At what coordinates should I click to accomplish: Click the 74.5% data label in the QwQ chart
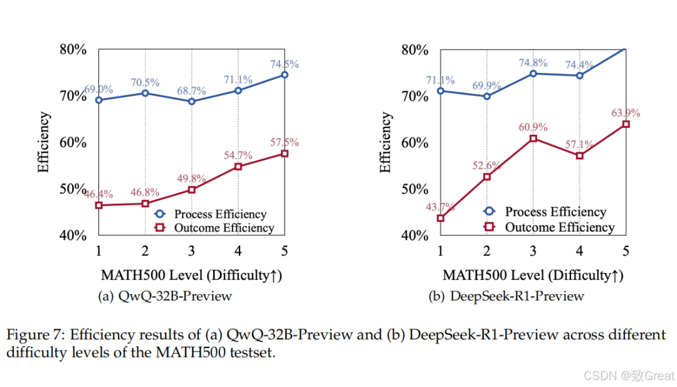[x=284, y=64]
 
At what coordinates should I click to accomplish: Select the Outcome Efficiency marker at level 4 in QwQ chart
[x=238, y=166]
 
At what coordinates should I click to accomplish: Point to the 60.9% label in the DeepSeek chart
[x=533, y=127]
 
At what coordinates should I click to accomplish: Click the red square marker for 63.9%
[x=626, y=124]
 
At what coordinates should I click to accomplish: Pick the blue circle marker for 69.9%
[x=487, y=96]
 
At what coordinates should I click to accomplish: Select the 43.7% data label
[x=441, y=207]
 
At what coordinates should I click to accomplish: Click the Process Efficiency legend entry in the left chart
[x=220, y=214]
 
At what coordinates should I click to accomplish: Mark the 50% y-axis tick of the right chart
[x=416, y=189]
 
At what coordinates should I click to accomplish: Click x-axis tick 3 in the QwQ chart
[x=192, y=252]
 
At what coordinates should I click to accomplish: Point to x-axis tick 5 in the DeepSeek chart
[x=626, y=252]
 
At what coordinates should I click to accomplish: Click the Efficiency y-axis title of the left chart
[x=44, y=142]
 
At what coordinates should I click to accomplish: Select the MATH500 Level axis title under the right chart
[x=533, y=275]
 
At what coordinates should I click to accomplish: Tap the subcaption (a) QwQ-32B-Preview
[x=165, y=296]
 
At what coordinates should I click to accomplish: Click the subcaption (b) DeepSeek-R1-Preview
[x=506, y=296]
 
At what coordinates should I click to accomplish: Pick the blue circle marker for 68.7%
[x=192, y=101]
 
